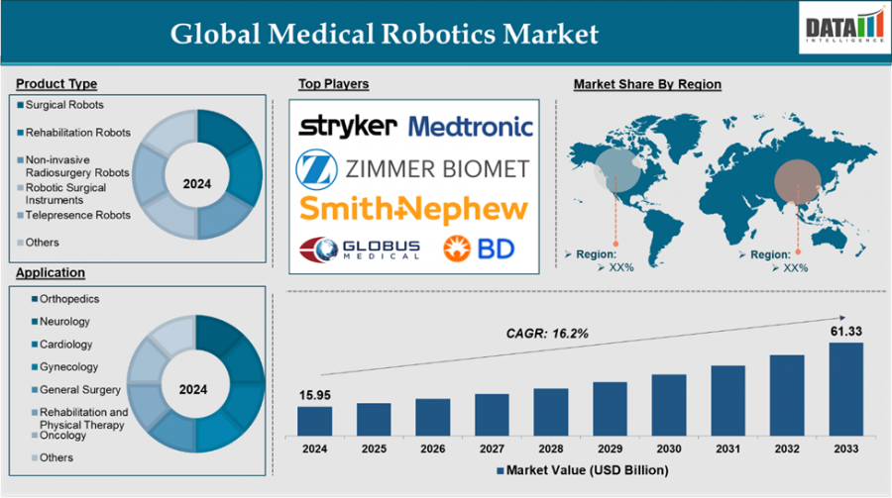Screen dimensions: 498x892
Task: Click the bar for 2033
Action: pos(845,389)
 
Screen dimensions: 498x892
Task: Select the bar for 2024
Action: pos(314,421)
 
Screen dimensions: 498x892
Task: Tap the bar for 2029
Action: pos(610,409)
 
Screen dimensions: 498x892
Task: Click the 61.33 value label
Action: pos(845,331)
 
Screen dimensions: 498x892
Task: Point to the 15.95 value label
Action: pos(314,395)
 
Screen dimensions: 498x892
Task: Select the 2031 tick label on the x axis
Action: pos(727,448)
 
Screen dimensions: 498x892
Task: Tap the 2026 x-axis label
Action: pos(432,448)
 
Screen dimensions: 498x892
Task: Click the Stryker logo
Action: pos(348,126)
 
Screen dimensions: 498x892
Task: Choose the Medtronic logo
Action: pos(470,126)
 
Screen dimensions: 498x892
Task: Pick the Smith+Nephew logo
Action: pos(413,208)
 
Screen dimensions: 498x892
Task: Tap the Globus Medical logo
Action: pos(360,248)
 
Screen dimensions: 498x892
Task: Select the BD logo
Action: pos(479,248)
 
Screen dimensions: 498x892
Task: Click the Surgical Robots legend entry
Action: pos(63,105)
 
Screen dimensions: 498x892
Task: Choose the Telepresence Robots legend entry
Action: pos(77,215)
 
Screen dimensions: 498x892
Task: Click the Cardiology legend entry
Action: pos(65,345)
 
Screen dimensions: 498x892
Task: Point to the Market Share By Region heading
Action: pos(647,84)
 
